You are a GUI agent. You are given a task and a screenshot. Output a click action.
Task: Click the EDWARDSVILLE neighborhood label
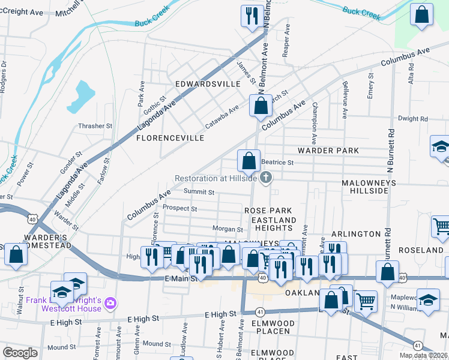pos(207,85)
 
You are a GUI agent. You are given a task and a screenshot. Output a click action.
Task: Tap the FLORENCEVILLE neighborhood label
pos(170,138)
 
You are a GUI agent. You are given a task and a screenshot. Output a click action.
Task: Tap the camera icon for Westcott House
pos(110,304)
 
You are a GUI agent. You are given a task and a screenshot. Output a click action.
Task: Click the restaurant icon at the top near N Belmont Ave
pos(250,16)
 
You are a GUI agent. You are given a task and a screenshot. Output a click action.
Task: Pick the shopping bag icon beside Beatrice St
pos(249,161)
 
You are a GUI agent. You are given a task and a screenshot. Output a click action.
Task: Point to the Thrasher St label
pos(95,127)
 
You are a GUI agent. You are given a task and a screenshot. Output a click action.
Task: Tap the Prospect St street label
pos(180,209)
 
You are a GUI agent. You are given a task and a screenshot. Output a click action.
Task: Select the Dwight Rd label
pos(412,119)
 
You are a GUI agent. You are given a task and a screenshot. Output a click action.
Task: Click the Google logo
pos(20,352)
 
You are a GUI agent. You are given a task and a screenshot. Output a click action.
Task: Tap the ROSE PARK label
pos(268,211)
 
